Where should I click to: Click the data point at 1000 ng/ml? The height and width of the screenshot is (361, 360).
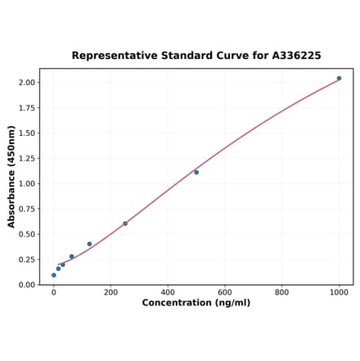[339, 79]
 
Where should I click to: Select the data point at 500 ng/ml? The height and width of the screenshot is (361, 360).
[196, 172]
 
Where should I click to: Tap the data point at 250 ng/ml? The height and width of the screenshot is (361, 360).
[125, 223]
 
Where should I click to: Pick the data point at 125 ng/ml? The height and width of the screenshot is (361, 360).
[89, 244]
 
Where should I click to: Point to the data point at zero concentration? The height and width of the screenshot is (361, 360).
[54, 275]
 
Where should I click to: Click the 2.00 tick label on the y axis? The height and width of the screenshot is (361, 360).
[26, 83]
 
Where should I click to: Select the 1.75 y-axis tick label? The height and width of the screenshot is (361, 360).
[26, 108]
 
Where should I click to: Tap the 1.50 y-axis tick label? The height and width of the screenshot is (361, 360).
[26, 133]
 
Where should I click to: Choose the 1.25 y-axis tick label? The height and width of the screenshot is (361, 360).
[26, 159]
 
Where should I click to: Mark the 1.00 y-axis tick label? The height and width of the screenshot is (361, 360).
[26, 184]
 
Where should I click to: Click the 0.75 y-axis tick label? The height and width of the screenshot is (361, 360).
[26, 210]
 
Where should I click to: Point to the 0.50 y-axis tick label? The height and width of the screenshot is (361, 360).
[26, 234]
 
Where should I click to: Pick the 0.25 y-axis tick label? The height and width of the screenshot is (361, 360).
[26, 259]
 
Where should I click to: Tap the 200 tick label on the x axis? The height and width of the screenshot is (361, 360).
[110, 292]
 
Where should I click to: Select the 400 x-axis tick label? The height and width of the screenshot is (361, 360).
[168, 292]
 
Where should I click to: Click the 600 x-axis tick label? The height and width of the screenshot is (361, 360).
[225, 292]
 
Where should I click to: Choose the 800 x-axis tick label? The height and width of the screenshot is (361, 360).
[281, 292]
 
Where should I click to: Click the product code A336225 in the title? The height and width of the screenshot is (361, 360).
[291, 56]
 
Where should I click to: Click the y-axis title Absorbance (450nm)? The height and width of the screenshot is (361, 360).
[11, 177]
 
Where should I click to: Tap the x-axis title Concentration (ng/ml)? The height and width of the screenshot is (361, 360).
[196, 303]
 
